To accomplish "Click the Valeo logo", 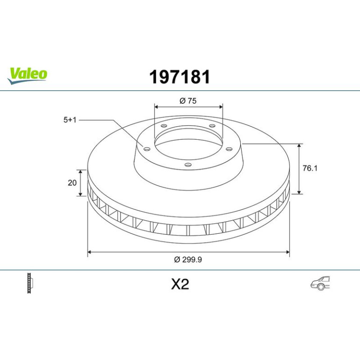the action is [x=27, y=76].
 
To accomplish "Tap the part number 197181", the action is [x=180, y=77].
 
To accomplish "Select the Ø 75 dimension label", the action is [x=188, y=101].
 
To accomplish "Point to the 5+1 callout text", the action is [x=70, y=120].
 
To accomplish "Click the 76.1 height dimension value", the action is [x=310, y=168].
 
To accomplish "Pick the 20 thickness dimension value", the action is [x=72, y=183].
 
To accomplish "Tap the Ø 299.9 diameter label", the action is [x=188, y=259].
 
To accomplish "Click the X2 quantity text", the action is [x=180, y=284].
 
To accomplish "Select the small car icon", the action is [x=320, y=283].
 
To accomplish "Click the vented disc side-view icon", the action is [x=30, y=283].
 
